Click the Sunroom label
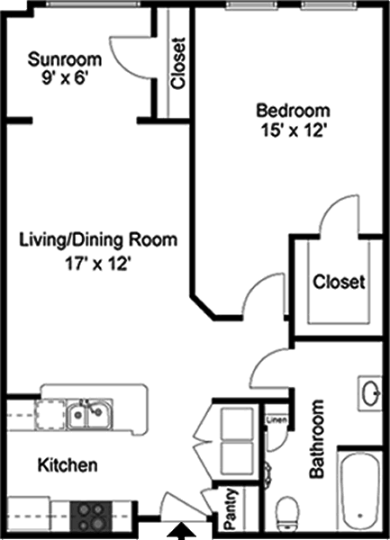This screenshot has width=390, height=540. click(65, 59)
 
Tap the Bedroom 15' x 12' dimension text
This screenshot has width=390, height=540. click(294, 130)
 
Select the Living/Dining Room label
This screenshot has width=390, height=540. click(98, 240)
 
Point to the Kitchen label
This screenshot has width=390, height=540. click(68, 465)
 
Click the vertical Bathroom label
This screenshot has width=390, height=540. click(317, 439)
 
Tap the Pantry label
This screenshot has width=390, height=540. click(231, 509)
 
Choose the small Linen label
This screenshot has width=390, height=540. click(277, 419)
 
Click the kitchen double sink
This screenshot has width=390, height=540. click(89, 414)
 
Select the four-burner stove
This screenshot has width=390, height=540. click(91, 516)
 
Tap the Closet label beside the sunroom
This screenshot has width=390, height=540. click(178, 64)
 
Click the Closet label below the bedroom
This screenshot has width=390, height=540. click(339, 282)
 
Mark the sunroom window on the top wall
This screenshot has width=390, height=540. click(93, 4)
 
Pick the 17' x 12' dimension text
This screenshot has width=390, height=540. click(99, 265)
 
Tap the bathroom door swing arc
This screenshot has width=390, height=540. click(267, 367)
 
